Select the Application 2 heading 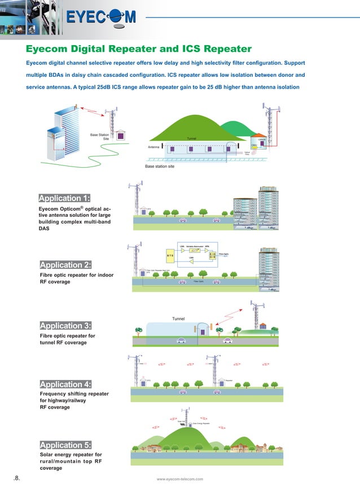pyautogui.click(x=65, y=265)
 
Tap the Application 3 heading pyautogui.click(x=65, y=326)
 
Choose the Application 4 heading pyautogui.click(x=65, y=385)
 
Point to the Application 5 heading pyautogui.click(x=65, y=445)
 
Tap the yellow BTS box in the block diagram pyautogui.click(x=169, y=255)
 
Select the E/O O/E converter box pyautogui.click(x=212, y=255)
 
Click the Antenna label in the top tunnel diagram pyautogui.click(x=154, y=147)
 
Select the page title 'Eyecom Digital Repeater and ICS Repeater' pyautogui.click(x=139, y=49)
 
